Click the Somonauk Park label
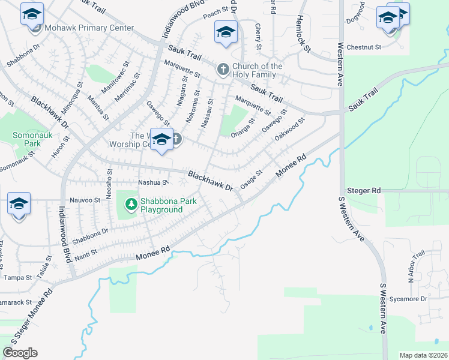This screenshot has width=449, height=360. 26,140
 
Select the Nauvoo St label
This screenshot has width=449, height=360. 85,200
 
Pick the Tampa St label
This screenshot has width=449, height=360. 17,278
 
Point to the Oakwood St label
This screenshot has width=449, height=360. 290,129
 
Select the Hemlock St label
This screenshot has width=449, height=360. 304,34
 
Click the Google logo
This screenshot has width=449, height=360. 20,353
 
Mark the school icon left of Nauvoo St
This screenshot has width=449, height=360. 19,204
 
